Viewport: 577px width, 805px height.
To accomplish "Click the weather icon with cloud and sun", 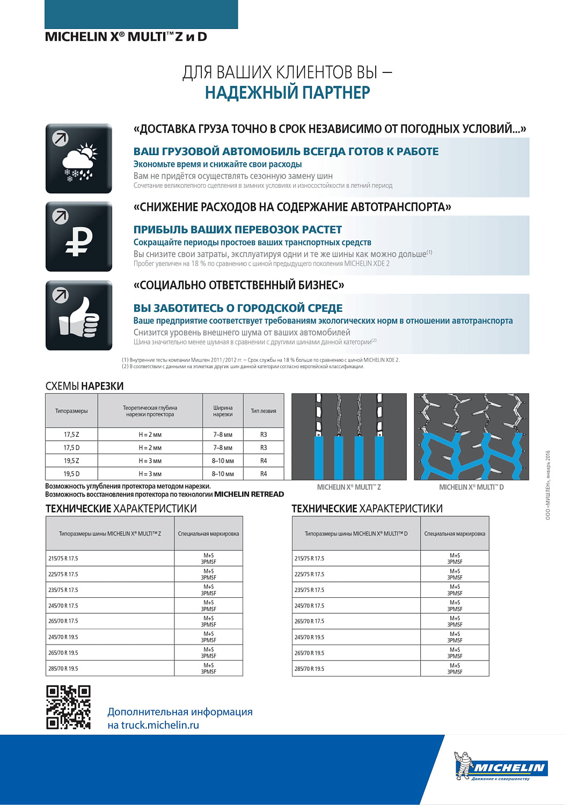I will pos(79,159).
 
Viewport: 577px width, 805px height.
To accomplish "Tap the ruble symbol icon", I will pos(79,237).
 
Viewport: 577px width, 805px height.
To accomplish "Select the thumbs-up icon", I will pos(79,316).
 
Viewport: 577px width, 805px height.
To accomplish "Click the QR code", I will pos(68,707).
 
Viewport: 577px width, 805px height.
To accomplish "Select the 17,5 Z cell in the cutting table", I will pos(71,435).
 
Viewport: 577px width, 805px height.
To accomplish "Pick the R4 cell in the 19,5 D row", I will pos(264,474).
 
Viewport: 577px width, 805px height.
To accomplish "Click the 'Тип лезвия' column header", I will pos(264,411).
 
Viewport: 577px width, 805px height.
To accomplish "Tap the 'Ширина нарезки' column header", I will pos(223,411).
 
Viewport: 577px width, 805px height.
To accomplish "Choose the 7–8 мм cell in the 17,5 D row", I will pos(223,448).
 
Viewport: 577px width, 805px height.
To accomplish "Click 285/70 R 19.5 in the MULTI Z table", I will pos(63,669).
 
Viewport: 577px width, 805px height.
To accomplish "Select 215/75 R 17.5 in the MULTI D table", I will pos(310,559).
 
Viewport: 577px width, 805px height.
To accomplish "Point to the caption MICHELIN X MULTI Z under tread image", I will pos(349,487).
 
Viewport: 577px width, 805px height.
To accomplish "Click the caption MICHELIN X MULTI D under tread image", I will pos(471,487).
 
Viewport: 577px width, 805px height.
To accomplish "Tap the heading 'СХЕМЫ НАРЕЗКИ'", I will pos(85,386).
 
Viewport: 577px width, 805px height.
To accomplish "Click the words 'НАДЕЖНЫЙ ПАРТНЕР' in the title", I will pos(288,93).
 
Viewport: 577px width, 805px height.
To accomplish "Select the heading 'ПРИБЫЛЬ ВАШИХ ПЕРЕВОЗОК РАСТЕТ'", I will pos(238,230).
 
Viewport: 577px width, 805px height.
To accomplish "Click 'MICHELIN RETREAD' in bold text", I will pos(249,494).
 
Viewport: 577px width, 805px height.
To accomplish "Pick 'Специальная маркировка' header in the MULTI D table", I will pos(455,534).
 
